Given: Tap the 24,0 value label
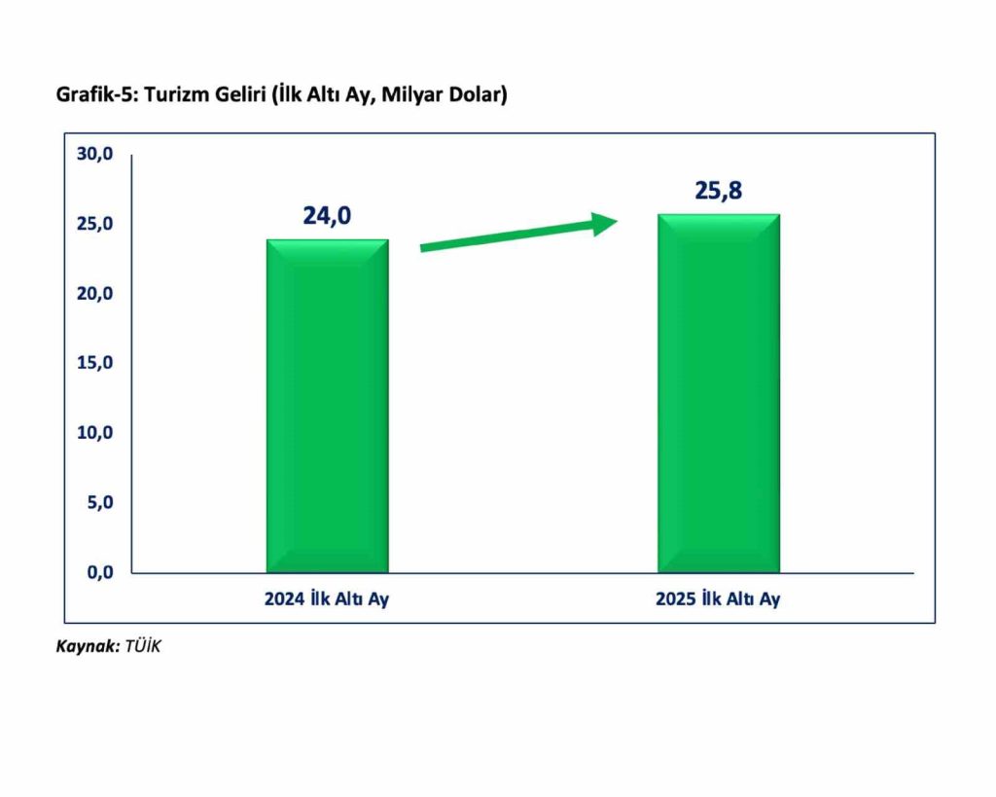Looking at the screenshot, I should pyautogui.click(x=327, y=215).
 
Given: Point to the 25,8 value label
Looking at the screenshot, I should pyautogui.click(x=719, y=191).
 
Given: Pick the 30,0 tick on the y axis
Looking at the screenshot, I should pyautogui.click(x=95, y=154).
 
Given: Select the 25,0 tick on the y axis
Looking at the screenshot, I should pyautogui.click(x=95, y=224).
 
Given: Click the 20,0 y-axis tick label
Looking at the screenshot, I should pyautogui.click(x=95, y=294).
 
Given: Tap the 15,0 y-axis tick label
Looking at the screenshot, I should pyautogui.click(x=95, y=363).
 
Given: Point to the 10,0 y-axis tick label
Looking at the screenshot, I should pyautogui.click(x=95, y=433).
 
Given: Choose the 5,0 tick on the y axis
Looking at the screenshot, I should pyautogui.click(x=99, y=503).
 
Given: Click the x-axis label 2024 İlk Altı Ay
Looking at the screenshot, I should pyautogui.click(x=327, y=599).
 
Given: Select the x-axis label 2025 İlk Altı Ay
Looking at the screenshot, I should pyautogui.click(x=718, y=599).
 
